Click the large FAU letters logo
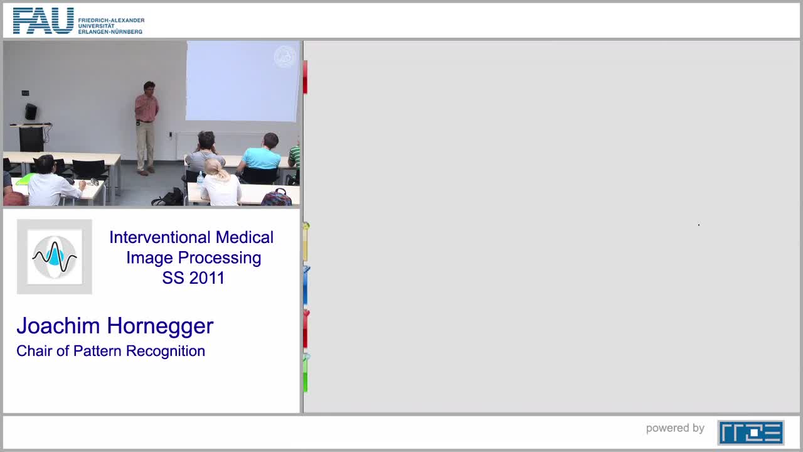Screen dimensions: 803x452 pyautogui.click(x=43, y=21)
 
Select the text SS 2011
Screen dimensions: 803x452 pyautogui.click(x=193, y=277)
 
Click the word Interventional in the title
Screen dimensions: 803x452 pyautogui.click(x=160, y=237)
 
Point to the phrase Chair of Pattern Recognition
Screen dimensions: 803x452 pyautogui.click(x=111, y=351)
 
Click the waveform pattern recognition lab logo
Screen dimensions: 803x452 pyautogui.click(x=55, y=257)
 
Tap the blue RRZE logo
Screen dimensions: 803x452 pyautogui.click(x=751, y=433)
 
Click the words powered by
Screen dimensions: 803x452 pyautogui.click(x=675, y=428)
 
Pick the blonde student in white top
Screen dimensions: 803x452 pyautogui.click(x=220, y=183)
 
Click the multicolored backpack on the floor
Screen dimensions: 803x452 pyautogui.click(x=277, y=197)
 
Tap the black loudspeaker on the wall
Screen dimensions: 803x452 pyautogui.click(x=31, y=112)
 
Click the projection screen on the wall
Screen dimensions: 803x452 pyautogui.click(x=243, y=81)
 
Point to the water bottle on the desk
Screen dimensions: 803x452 pyautogui.click(x=200, y=178)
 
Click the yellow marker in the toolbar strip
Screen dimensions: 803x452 pyautogui.click(x=306, y=242)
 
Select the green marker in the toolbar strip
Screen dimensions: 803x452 pyautogui.click(x=306, y=373)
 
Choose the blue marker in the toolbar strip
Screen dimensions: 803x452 pyautogui.click(x=306, y=286)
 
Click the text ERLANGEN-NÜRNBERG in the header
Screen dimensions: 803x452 pyautogui.click(x=110, y=32)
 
